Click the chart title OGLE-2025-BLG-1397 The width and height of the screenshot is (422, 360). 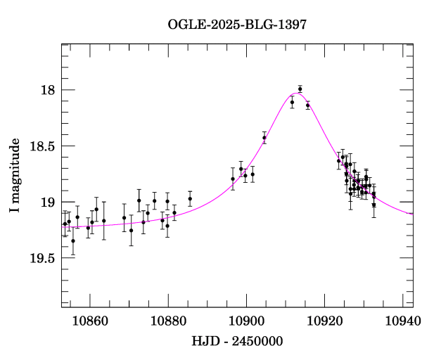(x=237, y=25)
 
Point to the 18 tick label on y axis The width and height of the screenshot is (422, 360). (x=46, y=90)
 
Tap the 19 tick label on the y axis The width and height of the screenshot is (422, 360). (x=46, y=202)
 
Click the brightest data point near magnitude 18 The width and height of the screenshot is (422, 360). (x=300, y=89)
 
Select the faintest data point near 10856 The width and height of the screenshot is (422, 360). (x=73, y=240)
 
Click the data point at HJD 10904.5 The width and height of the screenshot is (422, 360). (x=264, y=138)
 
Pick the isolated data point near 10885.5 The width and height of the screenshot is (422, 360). (x=190, y=198)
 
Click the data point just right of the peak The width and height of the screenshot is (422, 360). (x=308, y=105)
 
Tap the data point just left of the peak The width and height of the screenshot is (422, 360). (x=292, y=103)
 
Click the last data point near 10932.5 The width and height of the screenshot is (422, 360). (x=374, y=205)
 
